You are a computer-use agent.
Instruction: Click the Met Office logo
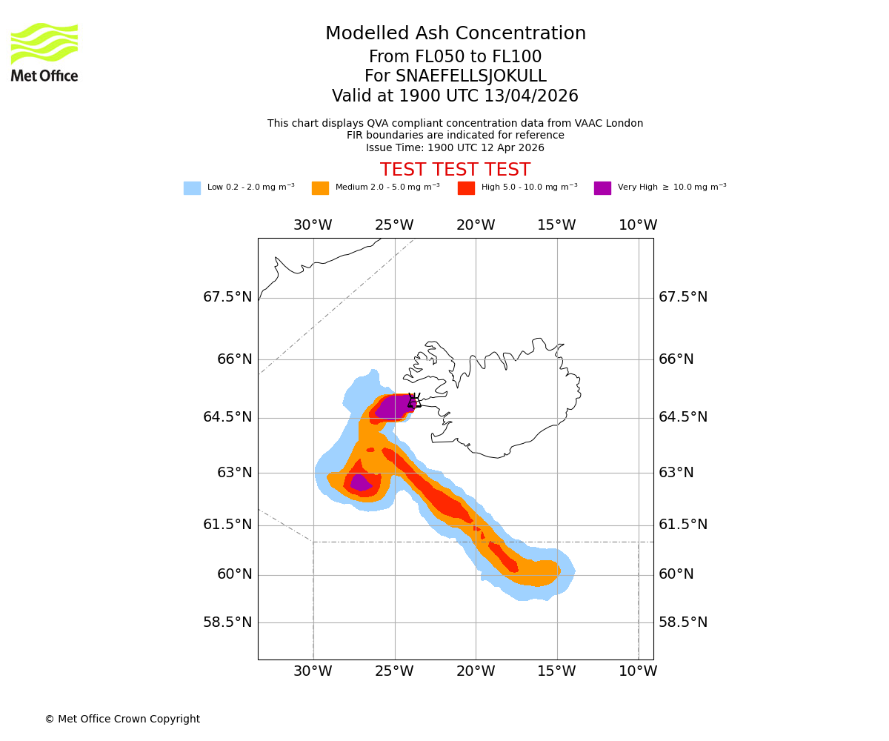point(44,52)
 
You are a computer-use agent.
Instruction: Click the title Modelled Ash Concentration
point(455,34)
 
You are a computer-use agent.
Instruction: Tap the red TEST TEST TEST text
point(455,170)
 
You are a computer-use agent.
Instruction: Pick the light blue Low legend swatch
point(192,188)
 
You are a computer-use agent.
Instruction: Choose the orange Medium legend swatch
point(320,188)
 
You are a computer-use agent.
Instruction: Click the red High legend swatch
point(466,188)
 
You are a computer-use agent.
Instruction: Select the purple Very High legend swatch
point(602,188)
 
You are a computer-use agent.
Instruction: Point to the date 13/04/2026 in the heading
point(531,96)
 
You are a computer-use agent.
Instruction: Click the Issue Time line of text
point(455,148)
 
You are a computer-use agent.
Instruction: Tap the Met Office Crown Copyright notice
point(122,720)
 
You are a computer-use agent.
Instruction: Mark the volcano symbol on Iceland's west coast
point(413,401)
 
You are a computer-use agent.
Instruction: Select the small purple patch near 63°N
point(360,483)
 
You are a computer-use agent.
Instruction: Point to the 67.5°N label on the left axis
point(227,297)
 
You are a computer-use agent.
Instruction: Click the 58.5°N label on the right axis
point(683,622)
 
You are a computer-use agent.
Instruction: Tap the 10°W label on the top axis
point(638,225)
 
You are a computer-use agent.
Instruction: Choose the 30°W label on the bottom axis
point(313,672)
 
